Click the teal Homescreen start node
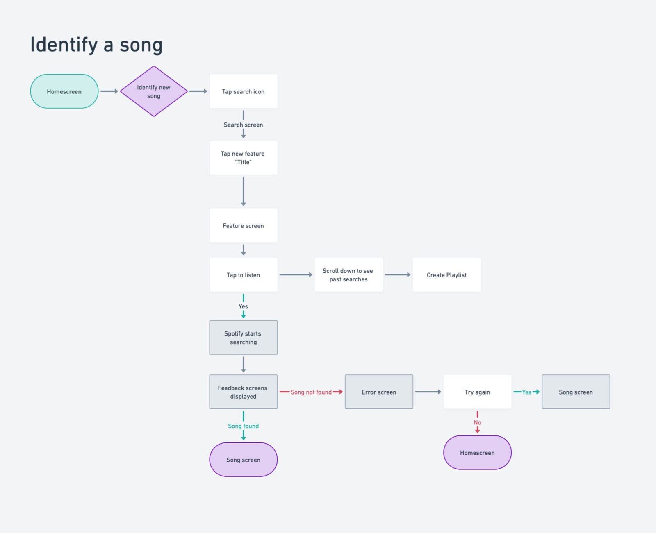64,91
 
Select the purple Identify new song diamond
154,91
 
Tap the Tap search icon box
243,91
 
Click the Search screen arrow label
243,125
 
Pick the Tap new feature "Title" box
243,158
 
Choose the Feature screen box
243,225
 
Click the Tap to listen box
243,275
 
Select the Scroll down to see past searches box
348,275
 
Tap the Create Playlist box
446,275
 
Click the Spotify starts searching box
243,338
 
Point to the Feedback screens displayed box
243,392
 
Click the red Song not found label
311,392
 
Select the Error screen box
379,392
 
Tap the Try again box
477,392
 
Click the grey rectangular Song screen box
576,392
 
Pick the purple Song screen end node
243,460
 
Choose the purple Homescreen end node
477,453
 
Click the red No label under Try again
477,422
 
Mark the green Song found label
243,426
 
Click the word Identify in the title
64,45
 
